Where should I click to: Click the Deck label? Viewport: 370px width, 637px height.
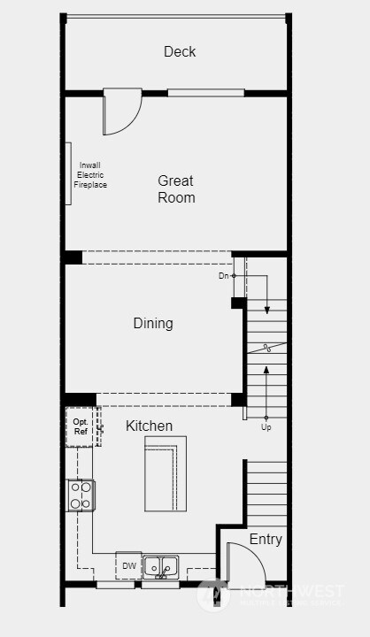tap(180, 51)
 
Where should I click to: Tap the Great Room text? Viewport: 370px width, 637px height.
tap(176, 188)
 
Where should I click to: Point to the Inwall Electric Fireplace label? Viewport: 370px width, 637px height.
tap(91, 174)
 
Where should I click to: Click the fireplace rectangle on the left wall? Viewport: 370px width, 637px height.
tap(68, 173)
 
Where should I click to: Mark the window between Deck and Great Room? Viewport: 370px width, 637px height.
tap(205, 92)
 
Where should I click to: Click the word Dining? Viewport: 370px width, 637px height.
tap(153, 323)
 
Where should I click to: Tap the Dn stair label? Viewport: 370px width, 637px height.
tap(224, 276)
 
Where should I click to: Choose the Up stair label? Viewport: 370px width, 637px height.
tap(266, 427)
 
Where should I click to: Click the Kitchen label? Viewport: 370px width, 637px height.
tap(149, 426)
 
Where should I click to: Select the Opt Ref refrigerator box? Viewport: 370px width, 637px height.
tap(80, 426)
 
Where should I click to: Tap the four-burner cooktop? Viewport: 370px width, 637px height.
tap(81, 495)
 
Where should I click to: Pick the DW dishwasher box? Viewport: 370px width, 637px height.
tap(128, 565)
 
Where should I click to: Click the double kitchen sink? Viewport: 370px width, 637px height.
tap(160, 565)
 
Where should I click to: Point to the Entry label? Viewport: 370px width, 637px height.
tap(266, 539)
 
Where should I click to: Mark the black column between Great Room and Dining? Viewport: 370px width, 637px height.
tap(73, 257)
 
